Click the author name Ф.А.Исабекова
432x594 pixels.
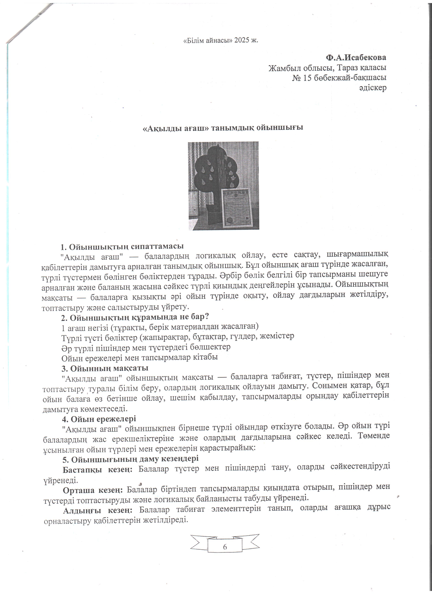(x=356, y=57)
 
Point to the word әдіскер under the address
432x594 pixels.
(x=373, y=88)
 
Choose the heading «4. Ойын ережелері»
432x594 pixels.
(x=99, y=419)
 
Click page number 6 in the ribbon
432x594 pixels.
(x=225, y=547)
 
